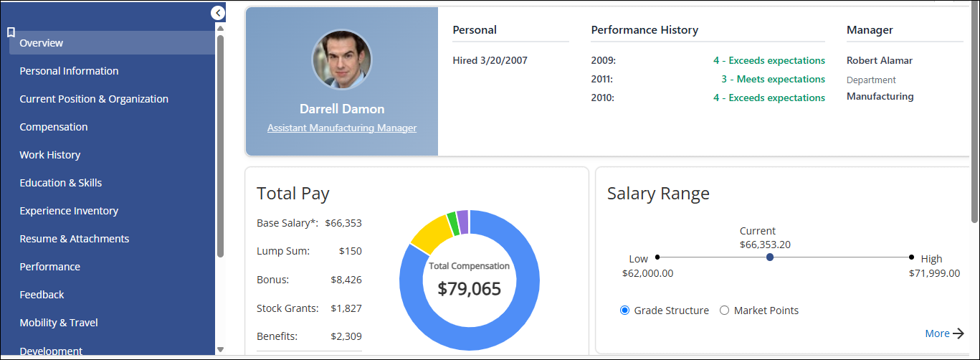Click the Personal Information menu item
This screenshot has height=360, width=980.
(x=69, y=71)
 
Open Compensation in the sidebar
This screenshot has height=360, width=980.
(x=53, y=127)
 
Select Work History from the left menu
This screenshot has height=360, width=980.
(x=50, y=155)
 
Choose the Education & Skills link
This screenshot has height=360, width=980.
(x=61, y=183)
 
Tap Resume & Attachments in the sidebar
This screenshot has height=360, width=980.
(x=75, y=239)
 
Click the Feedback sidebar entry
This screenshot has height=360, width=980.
(x=42, y=295)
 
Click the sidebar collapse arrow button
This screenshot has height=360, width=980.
(x=218, y=13)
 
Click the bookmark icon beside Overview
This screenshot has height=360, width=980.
(x=11, y=32)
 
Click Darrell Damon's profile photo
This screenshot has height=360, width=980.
(x=342, y=60)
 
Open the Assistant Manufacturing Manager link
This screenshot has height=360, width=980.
(x=342, y=128)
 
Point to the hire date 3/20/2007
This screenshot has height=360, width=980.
(x=504, y=60)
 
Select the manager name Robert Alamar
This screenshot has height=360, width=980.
(x=880, y=60)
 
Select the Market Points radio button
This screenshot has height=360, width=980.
(x=725, y=310)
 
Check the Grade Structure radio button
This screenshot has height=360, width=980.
(x=624, y=310)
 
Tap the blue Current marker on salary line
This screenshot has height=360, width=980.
(x=770, y=257)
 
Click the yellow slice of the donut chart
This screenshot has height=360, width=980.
(x=432, y=235)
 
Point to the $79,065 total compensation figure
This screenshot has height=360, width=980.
(x=469, y=289)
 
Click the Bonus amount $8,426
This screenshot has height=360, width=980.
(x=346, y=280)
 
